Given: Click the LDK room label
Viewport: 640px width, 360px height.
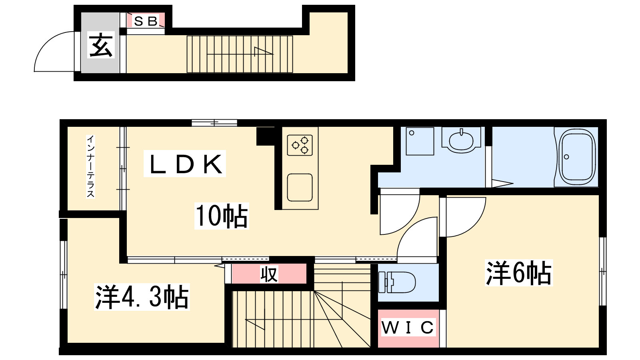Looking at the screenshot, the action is [185, 164].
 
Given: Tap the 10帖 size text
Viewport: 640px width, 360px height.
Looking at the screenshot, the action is [222, 216].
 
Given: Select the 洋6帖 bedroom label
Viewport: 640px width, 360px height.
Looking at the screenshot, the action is [519, 273].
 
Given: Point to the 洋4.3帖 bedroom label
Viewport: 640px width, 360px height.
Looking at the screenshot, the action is [142, 297].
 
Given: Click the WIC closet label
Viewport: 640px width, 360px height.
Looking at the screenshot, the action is [408, 327].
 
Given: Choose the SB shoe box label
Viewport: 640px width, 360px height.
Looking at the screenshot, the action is [146, 21].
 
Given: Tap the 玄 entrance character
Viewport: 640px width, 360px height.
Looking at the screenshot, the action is [101, 45].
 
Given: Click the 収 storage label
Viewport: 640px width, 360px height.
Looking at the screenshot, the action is [269, 274].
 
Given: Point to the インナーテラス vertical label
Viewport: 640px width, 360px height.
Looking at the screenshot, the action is [90, 166].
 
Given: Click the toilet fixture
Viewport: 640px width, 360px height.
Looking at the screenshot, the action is [397, 282].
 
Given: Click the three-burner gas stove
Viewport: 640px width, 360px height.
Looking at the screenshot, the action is [300, 146].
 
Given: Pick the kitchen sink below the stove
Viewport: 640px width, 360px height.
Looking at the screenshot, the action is [300, 188].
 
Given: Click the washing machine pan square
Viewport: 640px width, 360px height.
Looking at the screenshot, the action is [420, 141].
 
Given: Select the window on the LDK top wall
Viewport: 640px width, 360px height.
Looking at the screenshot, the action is [214, 123].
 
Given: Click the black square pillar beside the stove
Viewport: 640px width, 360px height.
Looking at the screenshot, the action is [266, 136].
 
